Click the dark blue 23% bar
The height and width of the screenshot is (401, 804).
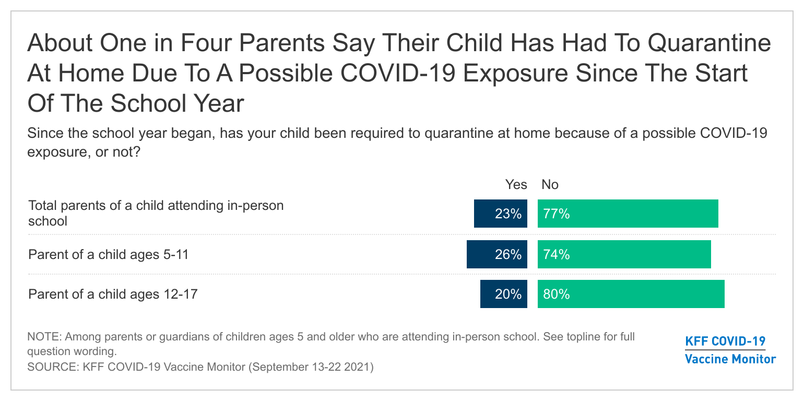pyautogui.click(x=500, y=214)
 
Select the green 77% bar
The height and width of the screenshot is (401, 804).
pyautogui.click(x=628, y=214)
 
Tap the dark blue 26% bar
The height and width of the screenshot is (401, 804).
pyautogui.click(x=497, y=254)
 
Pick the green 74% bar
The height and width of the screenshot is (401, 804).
pyautogui.click(x=624, y=254)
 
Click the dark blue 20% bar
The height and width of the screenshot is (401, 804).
pyautogui.click(x=504, y=294)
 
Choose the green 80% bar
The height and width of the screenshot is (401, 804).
pyautogui.click(x=631, y=294)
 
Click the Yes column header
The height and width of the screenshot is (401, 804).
pyautogui.click(x=516, y=184)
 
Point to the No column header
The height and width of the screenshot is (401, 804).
pyautogui.click(x=550, y=184)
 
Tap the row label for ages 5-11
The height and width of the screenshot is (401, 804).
pyautogui.click(x=109, y=254)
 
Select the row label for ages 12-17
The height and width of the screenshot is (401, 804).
pyautogui.click(x=113, y=294)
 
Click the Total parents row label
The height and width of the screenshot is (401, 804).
pyautogui.click(x=156, y=213)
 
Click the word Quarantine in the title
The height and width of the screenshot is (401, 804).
pyautogui.click(x=709, y=43)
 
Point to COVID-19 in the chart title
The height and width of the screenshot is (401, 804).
pyautogui.click(x=398, y=73)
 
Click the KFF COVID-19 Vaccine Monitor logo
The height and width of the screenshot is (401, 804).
pyautogui.click(x=730, y=350)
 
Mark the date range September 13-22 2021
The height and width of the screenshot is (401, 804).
pyautogui.click(x=311, y=367)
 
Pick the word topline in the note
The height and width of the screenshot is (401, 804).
pyautogui.click(x=583, y=337)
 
